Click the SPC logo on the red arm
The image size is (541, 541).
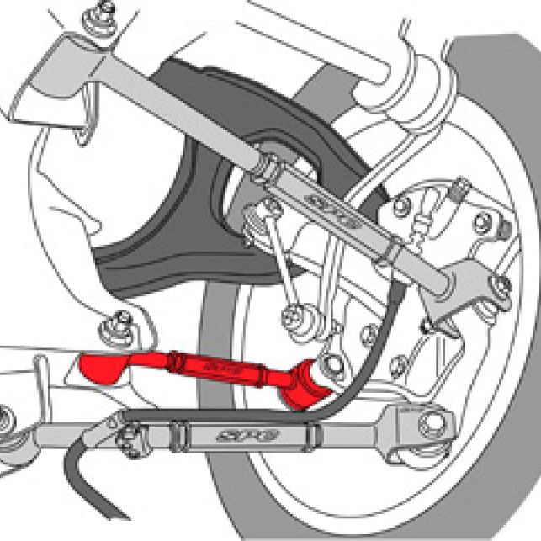point(226,368)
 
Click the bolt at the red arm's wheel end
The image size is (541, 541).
point(334,365)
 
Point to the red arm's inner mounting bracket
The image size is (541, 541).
point(103,369)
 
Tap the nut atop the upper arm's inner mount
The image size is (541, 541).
point(106,12)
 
